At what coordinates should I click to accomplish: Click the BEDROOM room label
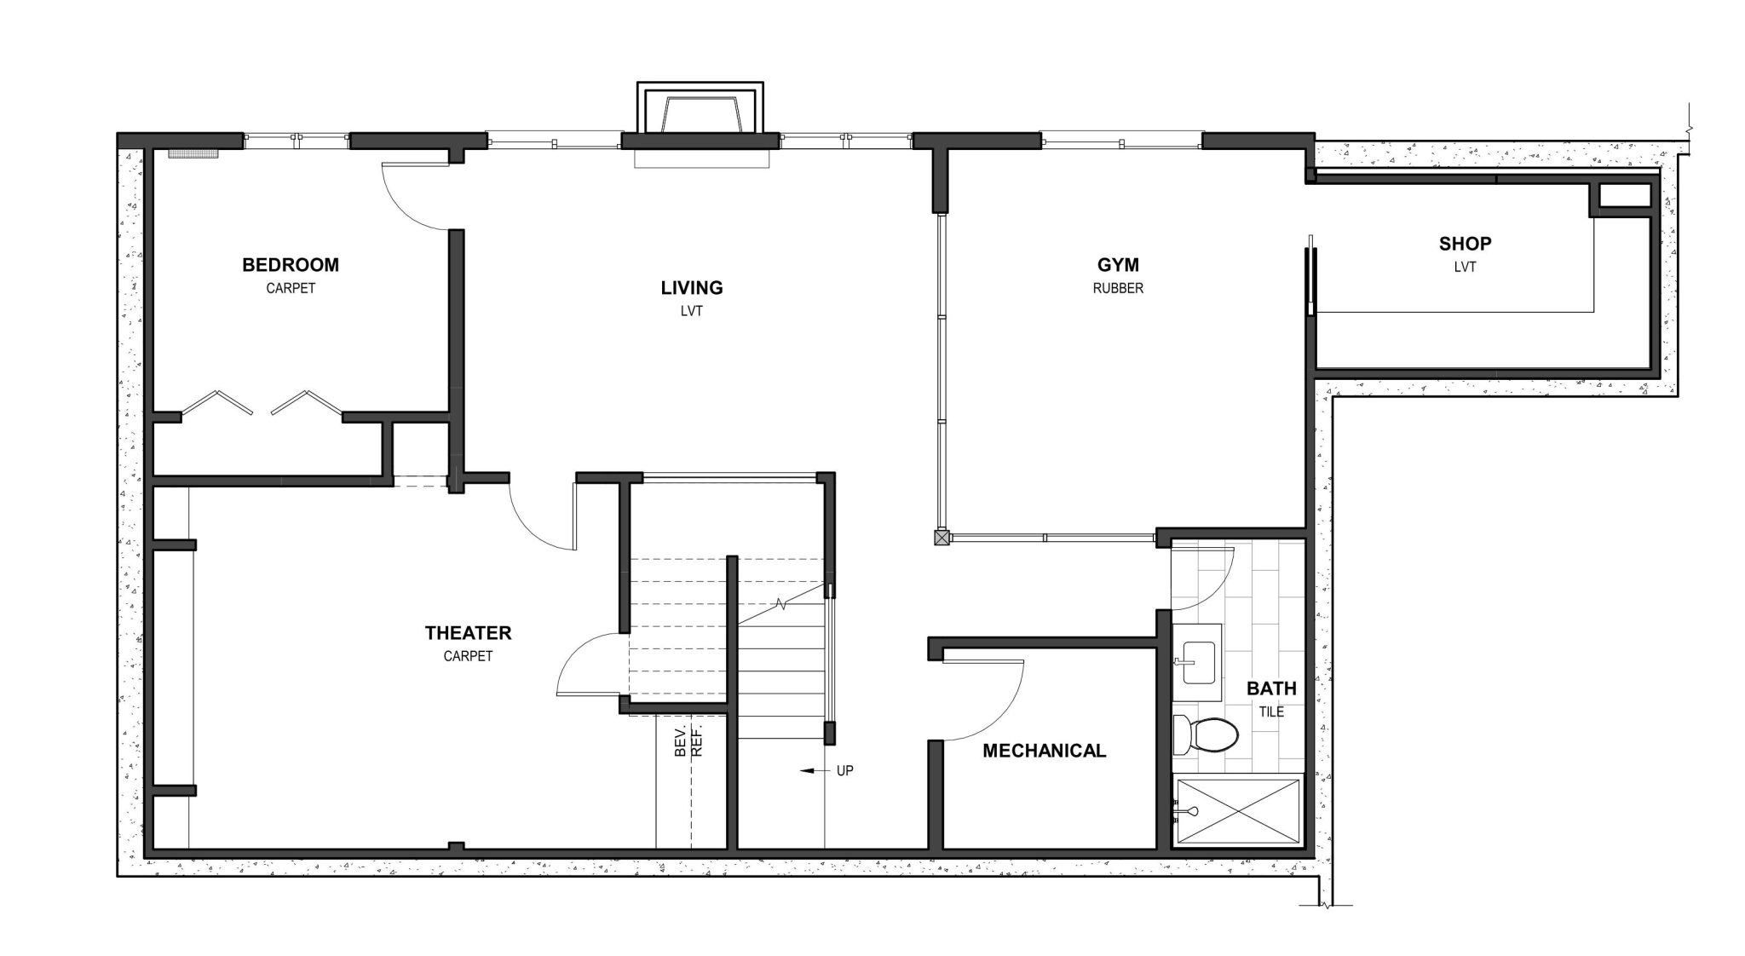[290, 265]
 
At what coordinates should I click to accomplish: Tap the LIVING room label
[691, 288]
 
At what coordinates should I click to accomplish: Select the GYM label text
[1118, 265]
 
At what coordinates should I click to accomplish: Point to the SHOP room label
[1465, 244]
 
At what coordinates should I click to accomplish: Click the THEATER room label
[468, 633]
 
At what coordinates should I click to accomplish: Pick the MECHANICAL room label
[1044, 751]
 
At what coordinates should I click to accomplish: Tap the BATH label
[1271, 688]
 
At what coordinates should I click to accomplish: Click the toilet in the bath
[1206, 734]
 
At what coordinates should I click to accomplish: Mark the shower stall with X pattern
[1238, 810]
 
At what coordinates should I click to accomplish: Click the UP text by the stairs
[844, 771]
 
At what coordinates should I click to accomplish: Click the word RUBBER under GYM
[1118, 289]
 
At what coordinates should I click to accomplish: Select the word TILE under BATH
[1271, 711]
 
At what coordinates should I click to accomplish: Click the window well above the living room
[700, 111]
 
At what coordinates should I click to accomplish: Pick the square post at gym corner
[941, 538]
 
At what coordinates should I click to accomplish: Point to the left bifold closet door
[218, 403]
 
